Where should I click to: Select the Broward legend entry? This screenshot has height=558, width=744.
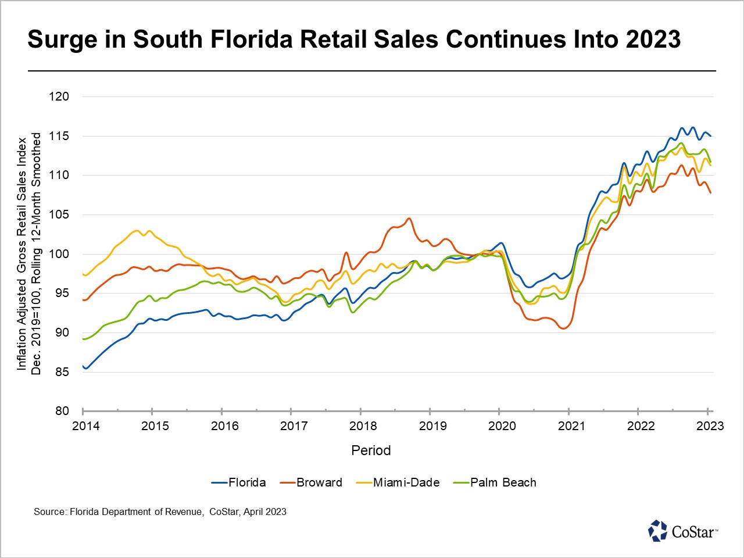click(x=312, y=482)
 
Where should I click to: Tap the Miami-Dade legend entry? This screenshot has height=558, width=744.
click(x=398, y=482)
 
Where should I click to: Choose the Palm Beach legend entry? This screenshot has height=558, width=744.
click(x=495, y=482)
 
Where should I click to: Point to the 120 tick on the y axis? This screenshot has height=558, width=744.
click(x=59, y=97)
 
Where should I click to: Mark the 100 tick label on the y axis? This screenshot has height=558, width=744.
click(x=59, y=254)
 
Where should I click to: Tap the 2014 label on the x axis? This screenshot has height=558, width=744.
click(x=86, y=426)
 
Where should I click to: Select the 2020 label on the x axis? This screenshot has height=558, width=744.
click(x=502, y=426)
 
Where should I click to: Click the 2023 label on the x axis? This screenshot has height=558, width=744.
click(x=710, y=426)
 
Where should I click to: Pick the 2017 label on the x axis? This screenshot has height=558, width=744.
click(x=294, y=426)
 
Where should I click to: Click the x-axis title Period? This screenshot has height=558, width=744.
click(x=371, y=450)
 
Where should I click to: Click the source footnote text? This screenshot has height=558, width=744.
click(x=160, y=512)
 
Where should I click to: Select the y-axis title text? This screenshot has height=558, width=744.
click(x=29, y=254)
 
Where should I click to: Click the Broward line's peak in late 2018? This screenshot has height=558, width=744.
click(x=409, y=219)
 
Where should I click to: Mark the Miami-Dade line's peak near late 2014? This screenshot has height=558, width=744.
click(x=137, y=231)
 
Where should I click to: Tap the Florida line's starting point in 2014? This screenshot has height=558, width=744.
click(x=84, y=367)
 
